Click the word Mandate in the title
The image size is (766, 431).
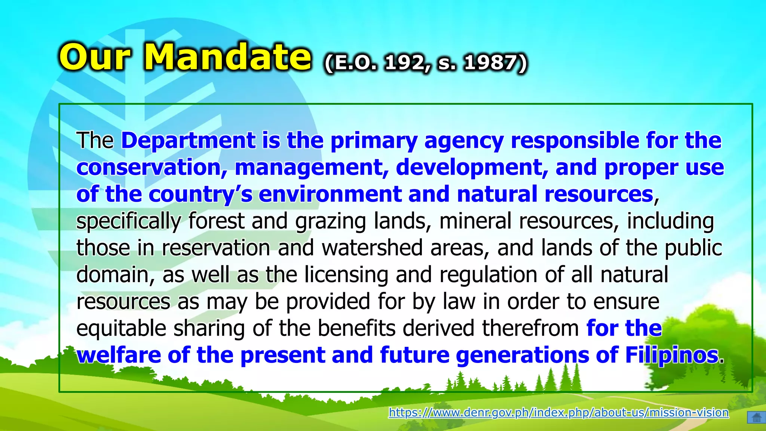[227, 57]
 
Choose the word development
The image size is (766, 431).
[472, 168]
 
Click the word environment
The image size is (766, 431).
[330, 195]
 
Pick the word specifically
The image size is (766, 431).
[129, 221]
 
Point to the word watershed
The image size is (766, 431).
[372, 248]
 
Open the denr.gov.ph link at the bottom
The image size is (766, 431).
[558, 412]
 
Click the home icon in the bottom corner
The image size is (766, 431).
[756, 417]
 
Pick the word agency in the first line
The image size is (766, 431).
[464, 141]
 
